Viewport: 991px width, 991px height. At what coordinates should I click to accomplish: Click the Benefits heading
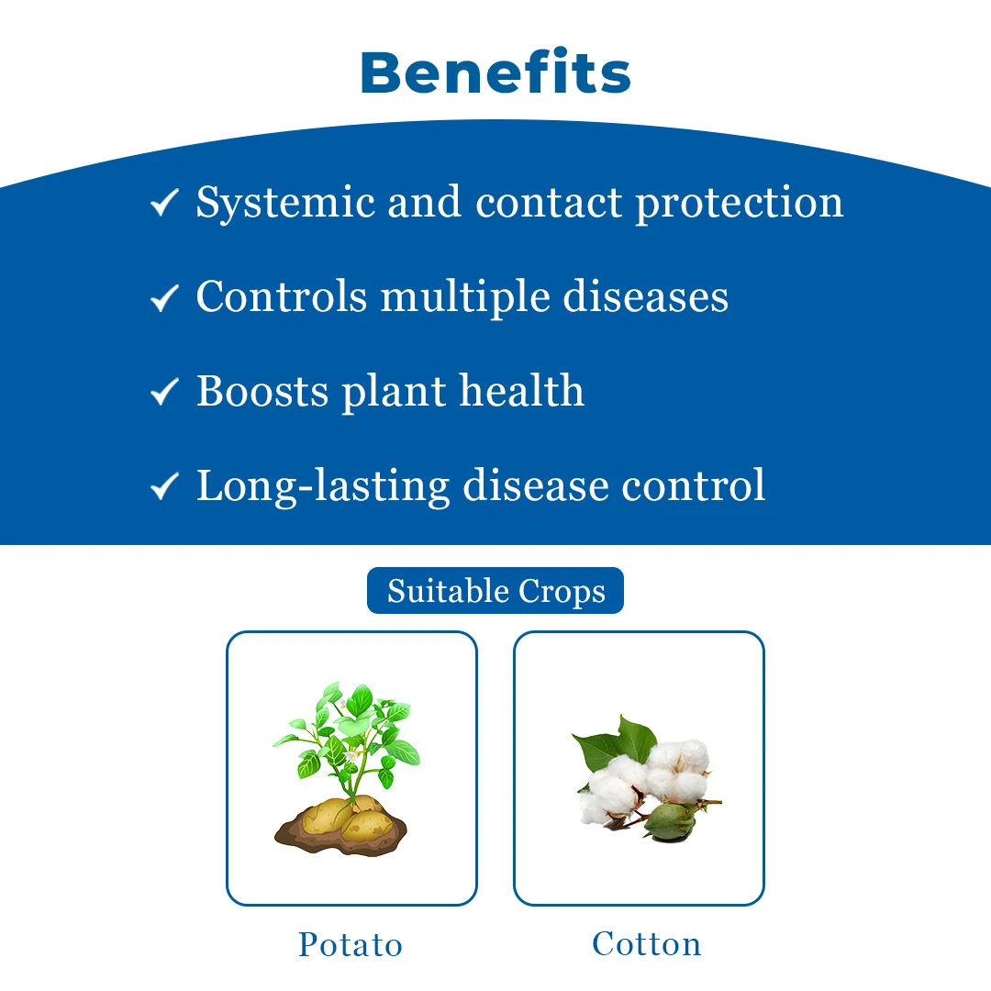(495, 72)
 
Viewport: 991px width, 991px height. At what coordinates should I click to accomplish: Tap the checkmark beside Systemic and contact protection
(163, 203)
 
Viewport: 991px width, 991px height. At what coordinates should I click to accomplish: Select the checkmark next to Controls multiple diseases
(163, 297)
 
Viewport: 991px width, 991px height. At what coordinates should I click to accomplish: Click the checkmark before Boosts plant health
(163, 392)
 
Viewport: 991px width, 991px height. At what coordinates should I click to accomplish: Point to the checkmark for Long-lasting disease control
(163, 486)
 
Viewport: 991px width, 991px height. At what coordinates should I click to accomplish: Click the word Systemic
(283, 203)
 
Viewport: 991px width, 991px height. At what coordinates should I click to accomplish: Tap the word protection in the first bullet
(740, 203)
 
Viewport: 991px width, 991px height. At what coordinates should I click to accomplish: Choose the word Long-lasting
(322, 486)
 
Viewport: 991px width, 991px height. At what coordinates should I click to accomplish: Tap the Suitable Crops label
(495, 591)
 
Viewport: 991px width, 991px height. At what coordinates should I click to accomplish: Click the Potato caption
(351, 945)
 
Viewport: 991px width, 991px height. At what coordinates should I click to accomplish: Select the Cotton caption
(646, 943)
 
